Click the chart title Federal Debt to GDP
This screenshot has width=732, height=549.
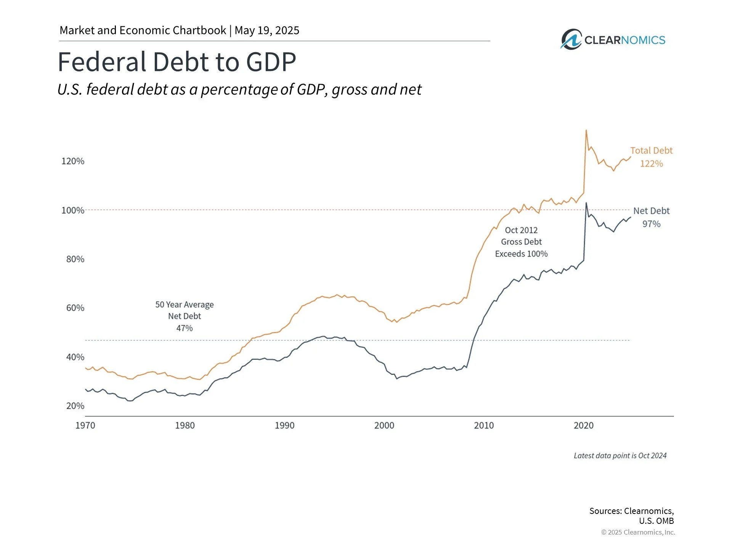[177, 62]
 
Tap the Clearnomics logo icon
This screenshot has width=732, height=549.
[571, 39]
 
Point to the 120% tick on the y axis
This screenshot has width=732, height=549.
[73, 161]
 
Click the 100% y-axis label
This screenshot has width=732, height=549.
[73, 210]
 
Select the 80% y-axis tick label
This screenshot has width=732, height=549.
[75, 259]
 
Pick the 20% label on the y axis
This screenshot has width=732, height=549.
[75, 406]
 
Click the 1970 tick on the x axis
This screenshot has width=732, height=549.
[85, 425]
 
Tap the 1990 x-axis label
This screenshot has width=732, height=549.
[284, 425]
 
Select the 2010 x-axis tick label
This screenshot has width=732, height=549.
[484, 425]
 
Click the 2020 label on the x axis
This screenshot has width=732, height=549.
[583, 425]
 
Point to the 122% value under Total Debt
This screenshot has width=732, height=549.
[651, 164]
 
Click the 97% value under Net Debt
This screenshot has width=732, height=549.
[651, 224]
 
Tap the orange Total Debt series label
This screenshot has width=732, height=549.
[651, 151]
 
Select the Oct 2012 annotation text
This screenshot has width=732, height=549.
[521, 230]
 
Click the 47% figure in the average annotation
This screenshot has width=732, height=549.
[185, 328]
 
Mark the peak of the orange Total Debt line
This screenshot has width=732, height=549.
[586, 130]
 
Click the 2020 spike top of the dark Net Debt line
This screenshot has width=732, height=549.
[586, 203]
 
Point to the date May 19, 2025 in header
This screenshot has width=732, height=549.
[267, 30]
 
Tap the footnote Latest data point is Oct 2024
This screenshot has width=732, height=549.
[620, 456]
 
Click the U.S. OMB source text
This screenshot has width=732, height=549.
[656, 521]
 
